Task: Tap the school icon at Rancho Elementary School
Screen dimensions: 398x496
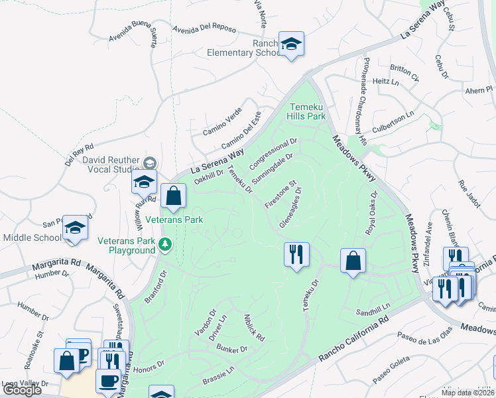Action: [291, 44]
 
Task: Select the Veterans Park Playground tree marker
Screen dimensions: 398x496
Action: [165, 246]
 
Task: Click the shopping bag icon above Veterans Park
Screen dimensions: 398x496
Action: [173, 196]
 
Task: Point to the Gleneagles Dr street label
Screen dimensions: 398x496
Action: [290, 207]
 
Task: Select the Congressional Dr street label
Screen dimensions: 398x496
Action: [274, 153]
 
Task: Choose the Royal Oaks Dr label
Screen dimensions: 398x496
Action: [371, 214]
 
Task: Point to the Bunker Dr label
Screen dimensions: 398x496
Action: [232, 348]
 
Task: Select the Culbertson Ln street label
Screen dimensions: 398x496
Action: [393, 114]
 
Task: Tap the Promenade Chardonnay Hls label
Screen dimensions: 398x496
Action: [363, 100]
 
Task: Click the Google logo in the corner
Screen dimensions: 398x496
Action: [22, 389]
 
